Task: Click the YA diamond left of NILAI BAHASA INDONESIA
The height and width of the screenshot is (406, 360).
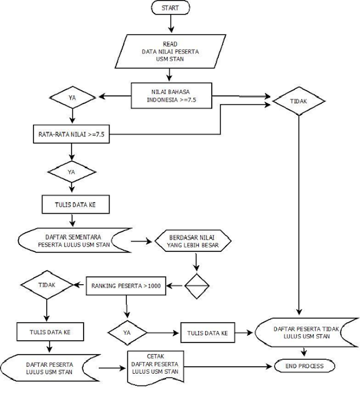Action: tap(72, 98)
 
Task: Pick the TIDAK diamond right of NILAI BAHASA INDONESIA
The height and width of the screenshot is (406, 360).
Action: tap(299, 100)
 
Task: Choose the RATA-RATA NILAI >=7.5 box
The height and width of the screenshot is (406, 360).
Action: tap(70, 134)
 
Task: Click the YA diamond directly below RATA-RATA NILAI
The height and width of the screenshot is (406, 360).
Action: tap(72, 171)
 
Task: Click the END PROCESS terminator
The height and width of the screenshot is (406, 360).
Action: tap(304, 367)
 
